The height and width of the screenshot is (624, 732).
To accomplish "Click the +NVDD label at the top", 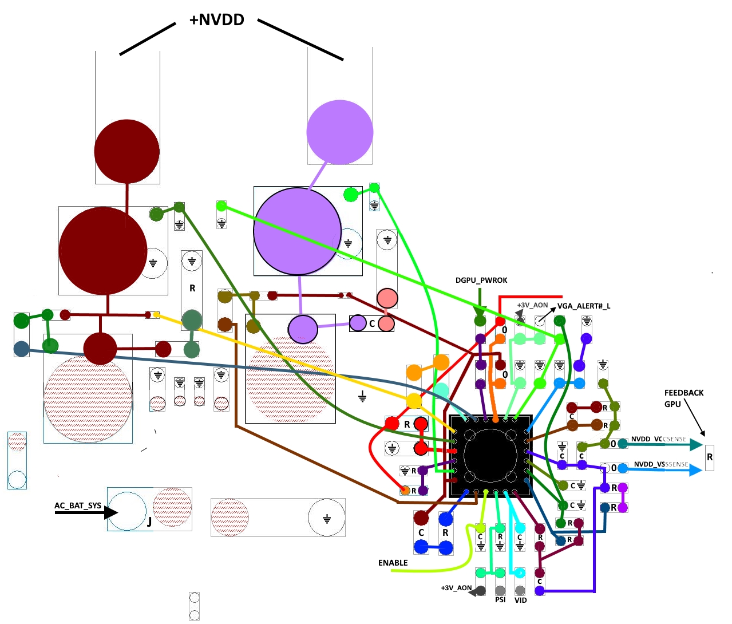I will click(x=217, y=20).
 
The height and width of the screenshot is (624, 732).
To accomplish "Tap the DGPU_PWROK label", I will click(x=481, y=281).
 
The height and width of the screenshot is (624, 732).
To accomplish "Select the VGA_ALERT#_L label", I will click(x=584, y=306).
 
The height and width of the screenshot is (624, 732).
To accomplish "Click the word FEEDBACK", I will click(x=684, y=393).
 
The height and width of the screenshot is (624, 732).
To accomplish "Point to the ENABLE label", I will click(x=393, y=563).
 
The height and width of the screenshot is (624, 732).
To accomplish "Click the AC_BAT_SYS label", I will click(x=78, y=505).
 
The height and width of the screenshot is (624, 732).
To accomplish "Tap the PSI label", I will click(x=500, y=600).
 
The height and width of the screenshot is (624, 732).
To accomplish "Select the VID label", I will click(x=520, y=600).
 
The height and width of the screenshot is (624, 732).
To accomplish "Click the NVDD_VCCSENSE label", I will click(x=658, y=439).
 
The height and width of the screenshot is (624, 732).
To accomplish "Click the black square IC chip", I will click(x=490, y=456).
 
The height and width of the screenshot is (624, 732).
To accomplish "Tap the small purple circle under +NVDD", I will click(x=340, y=132).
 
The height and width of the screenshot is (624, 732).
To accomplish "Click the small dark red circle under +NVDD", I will click(x=126, y=152).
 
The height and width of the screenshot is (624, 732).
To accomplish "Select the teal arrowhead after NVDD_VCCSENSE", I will click(x=696, y=444).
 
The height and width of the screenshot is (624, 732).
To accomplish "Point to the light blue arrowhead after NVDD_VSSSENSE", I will click(x=696, y=470).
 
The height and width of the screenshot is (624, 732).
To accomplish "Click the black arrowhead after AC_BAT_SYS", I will click(x=110, y=512).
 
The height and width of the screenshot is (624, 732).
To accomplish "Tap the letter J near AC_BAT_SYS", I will click(x=149, y=521).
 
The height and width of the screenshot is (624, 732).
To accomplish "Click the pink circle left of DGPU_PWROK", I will click(x=387, y=298).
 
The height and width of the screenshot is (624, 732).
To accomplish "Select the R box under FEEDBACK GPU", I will click(x=710, y=457).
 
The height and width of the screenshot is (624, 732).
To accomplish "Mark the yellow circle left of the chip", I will click(x=414, y=401).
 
